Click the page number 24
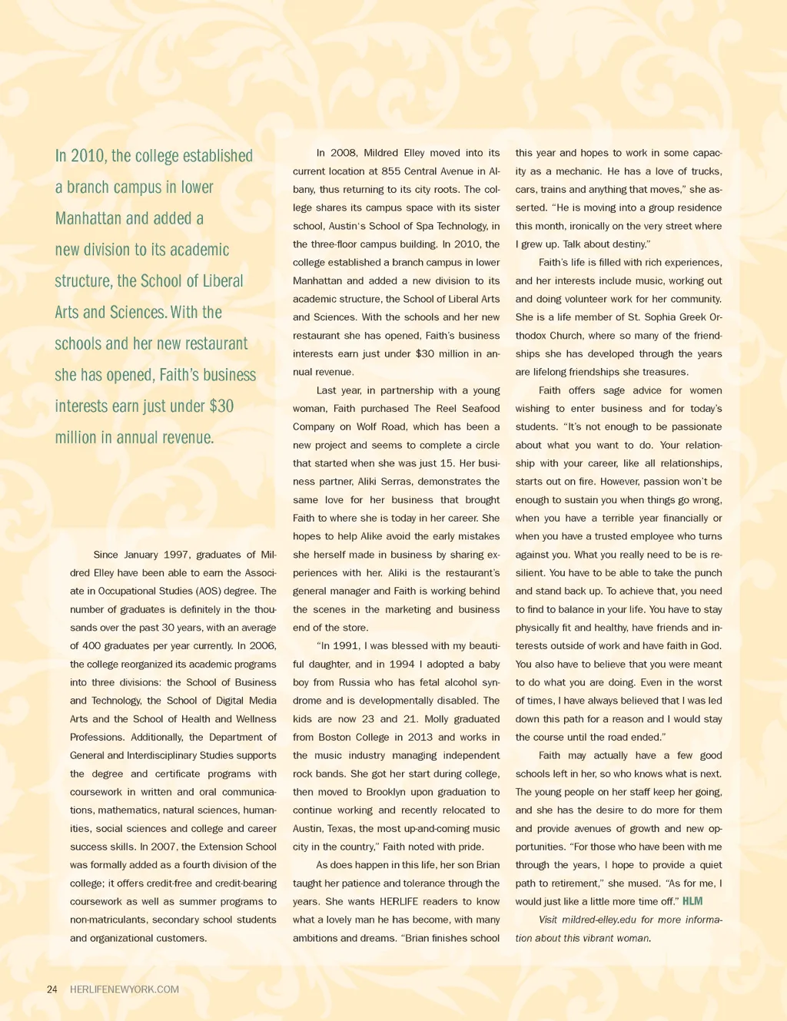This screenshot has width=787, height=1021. tap(52, 990)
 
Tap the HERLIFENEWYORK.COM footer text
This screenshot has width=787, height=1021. tap(125, 990)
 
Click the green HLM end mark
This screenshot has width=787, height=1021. tap(692, 901)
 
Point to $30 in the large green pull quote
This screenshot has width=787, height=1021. tap(221, 406)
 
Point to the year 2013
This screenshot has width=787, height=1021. tap(420, 738)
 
